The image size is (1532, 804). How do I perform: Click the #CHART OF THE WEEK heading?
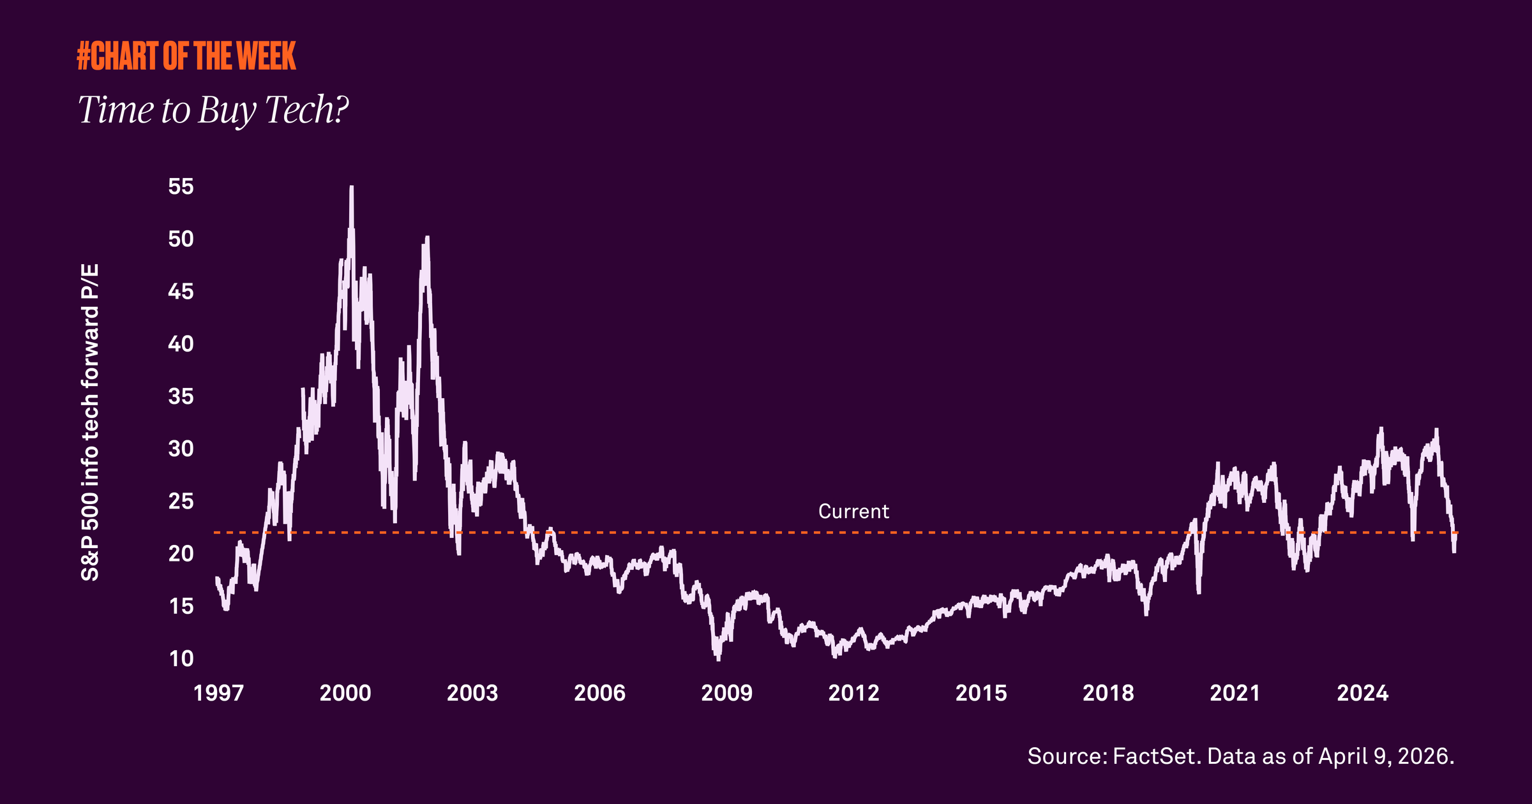186,56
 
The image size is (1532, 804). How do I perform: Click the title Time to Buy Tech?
213,110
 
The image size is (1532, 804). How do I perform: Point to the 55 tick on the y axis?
181,186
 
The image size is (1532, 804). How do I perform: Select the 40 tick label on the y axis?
181,344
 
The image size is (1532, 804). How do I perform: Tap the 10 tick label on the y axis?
181,659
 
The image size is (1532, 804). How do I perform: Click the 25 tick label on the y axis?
181,502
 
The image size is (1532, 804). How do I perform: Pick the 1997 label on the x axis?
218,693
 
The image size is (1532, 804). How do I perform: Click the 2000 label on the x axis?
345,693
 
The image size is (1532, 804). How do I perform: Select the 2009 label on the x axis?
726,693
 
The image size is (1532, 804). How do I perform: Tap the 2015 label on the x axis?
981,693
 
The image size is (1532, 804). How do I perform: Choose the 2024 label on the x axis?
1362,693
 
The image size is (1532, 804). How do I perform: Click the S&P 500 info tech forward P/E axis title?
90,422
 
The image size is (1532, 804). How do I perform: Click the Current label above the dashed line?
853,512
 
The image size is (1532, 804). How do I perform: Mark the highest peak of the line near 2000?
352,188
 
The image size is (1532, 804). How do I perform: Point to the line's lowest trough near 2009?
718,659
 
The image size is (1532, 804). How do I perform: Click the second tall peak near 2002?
427,238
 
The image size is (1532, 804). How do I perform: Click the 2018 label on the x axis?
1108,693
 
